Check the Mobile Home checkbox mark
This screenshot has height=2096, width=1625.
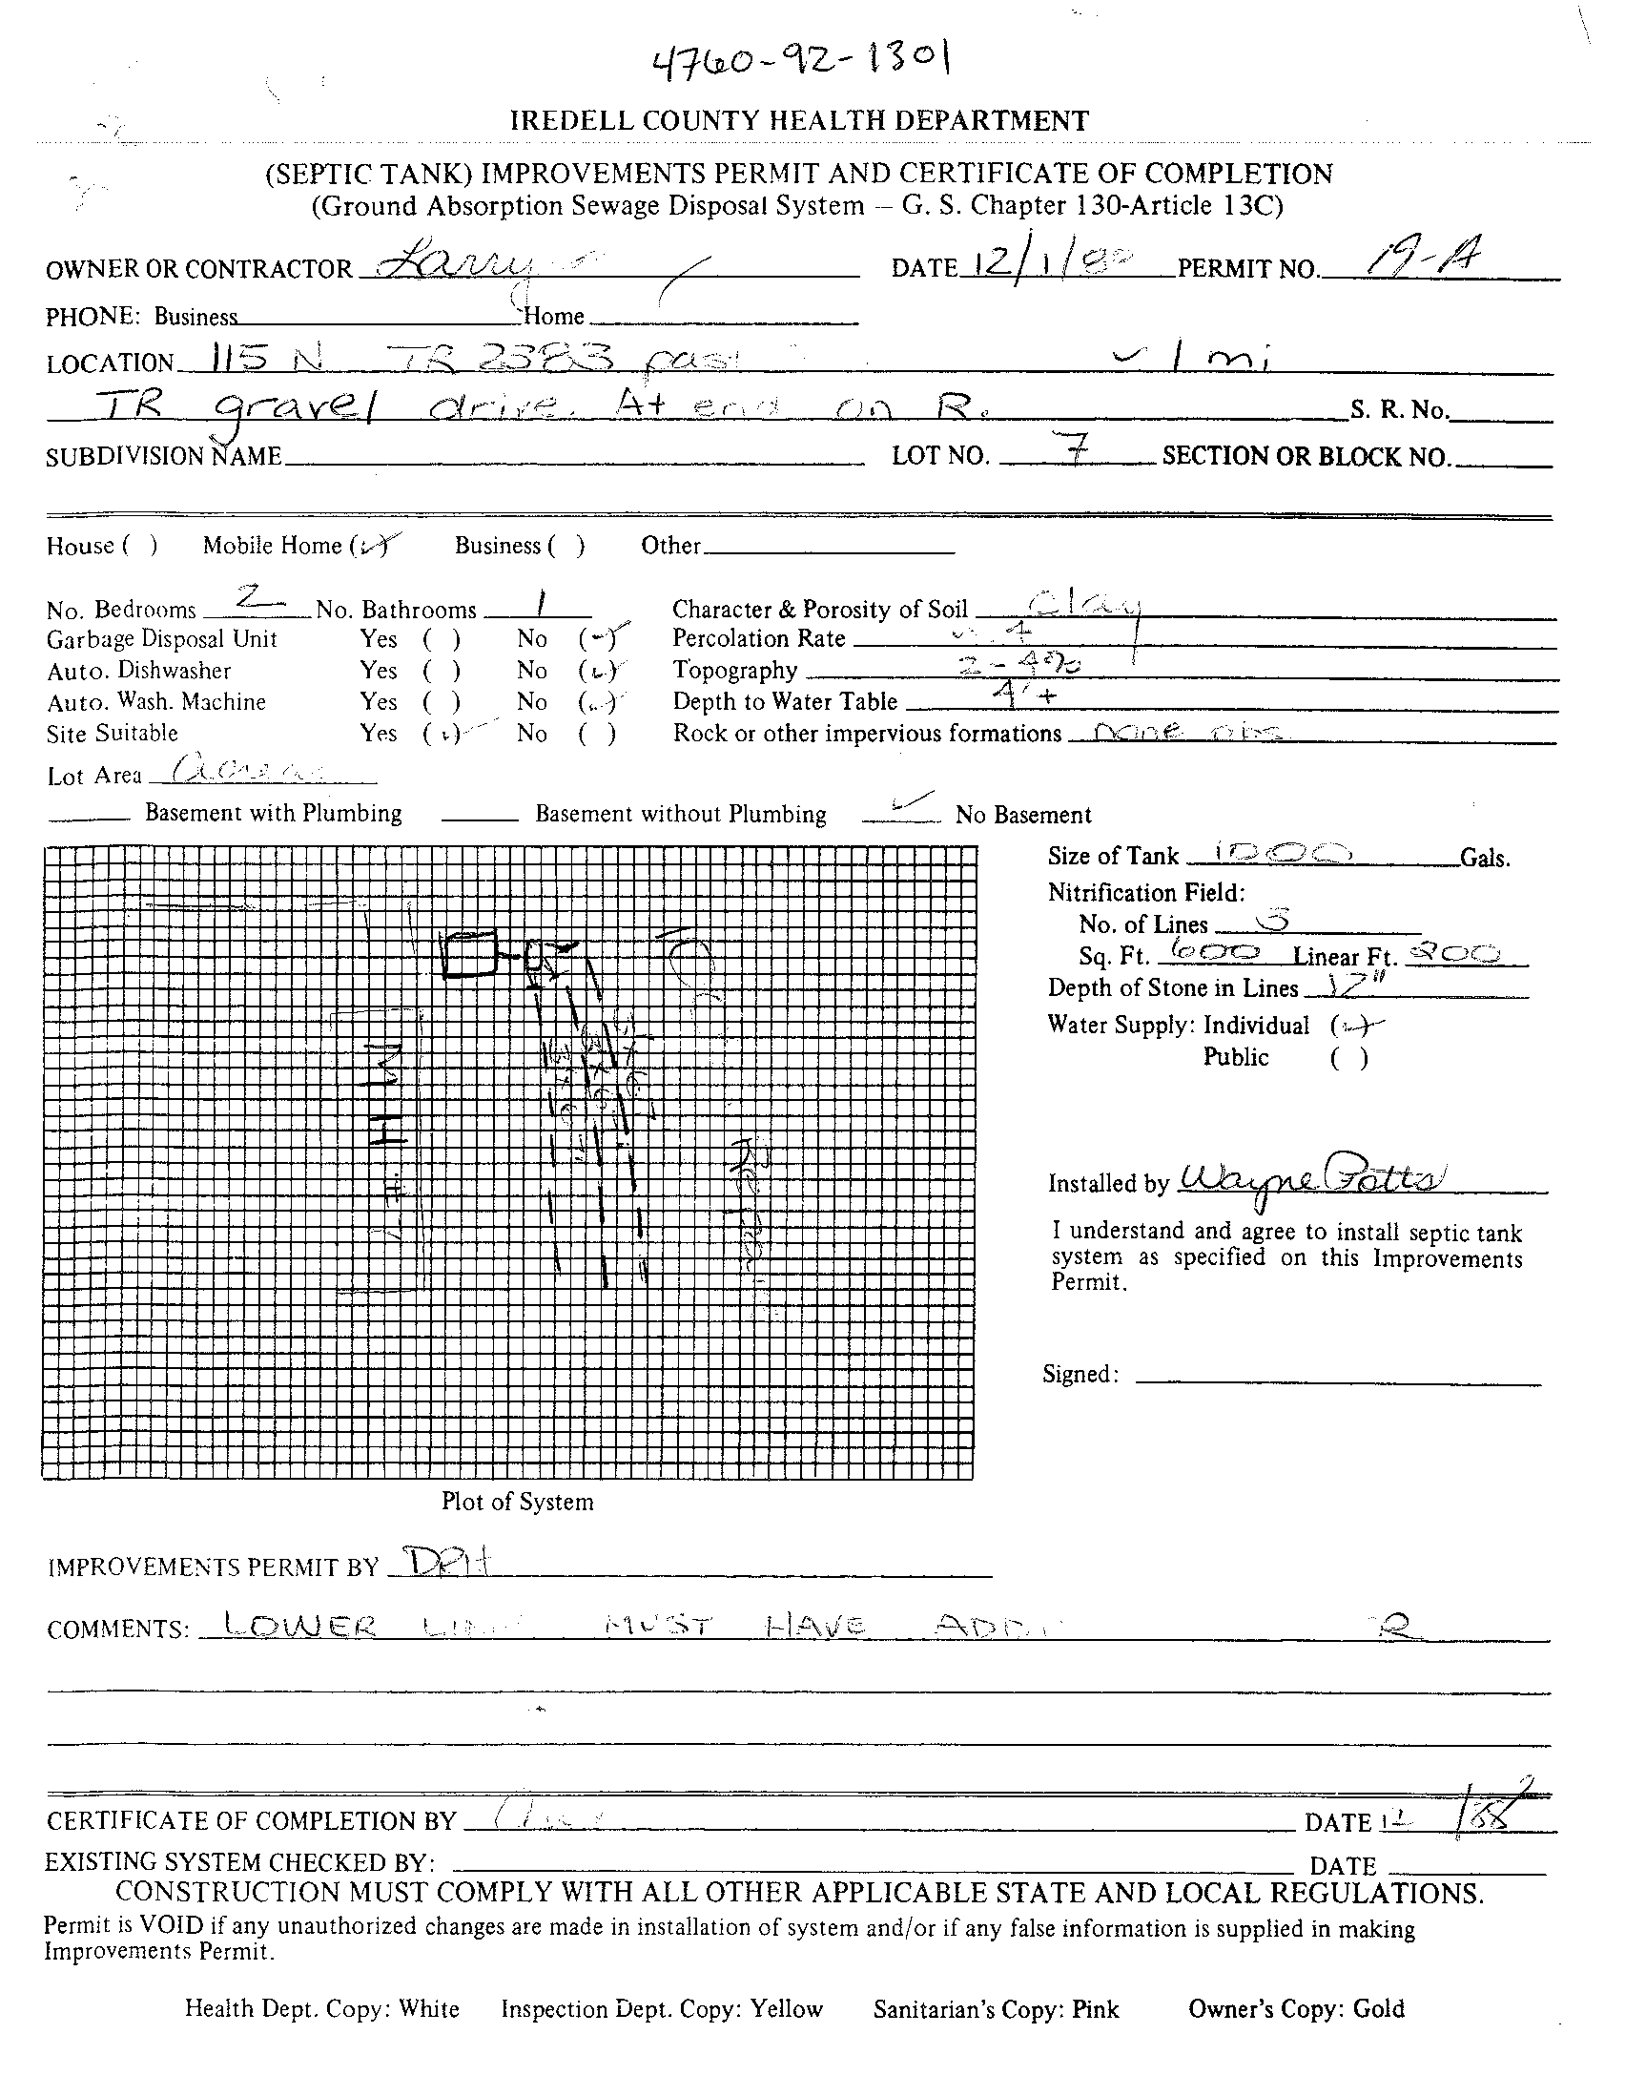[x=372, y=545]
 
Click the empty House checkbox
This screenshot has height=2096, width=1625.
[x=140, y=546]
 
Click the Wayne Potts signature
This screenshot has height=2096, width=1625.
[x=1313, y=1177]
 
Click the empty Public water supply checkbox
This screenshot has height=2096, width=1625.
[x=1348, y=1058]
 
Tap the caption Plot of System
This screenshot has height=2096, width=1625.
[x=517, y=1501]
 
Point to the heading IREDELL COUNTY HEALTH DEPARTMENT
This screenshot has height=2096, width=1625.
[x=799, y=121]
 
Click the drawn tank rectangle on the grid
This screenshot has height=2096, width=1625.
[x=469, y=955]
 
